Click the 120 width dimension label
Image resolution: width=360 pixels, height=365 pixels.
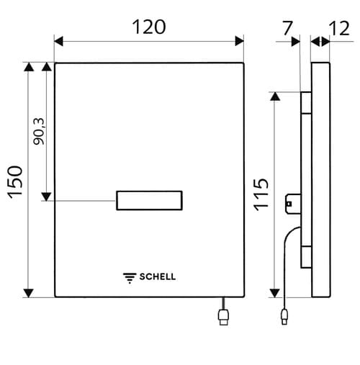[x=148, y=27]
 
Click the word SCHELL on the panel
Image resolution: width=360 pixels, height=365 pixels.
[x=157, y=276]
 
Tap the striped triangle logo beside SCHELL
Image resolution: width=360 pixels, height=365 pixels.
[x=130, y=276]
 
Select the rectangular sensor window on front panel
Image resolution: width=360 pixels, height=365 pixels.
[x=149, y=201]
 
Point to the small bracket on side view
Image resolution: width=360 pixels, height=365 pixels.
[x=292, y=204]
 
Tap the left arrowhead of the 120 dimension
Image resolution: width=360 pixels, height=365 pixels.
[x=59, y=41]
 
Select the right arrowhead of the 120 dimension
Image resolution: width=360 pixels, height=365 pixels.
[x=239, y=41]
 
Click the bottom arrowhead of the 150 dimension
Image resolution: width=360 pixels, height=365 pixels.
[x=29, y=292]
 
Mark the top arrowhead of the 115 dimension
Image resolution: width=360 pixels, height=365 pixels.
[x=275, y=96]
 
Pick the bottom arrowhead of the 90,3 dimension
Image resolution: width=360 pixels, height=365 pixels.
[x=46, y=196]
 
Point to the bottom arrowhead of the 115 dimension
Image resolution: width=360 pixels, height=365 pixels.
[x=275, y=292]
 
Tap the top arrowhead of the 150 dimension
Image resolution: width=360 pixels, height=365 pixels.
[x=29, y=68]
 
